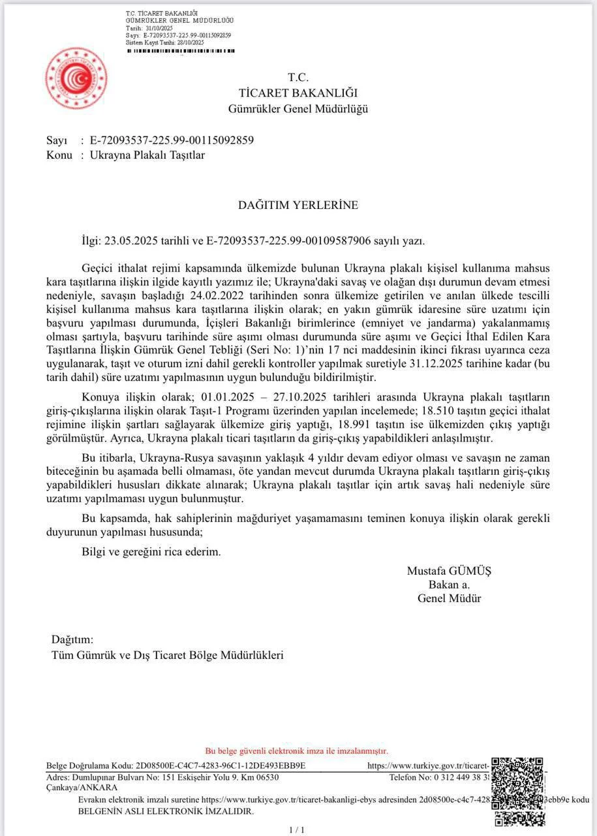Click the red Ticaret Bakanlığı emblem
(x=76, y=79)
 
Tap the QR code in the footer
(x=518, y=792)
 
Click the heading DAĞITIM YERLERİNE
(x=298, y=205)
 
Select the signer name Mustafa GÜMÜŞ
(x=449, y=571)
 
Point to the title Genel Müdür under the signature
(x=449, y=598)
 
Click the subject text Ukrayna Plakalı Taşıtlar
(x=147, y=155)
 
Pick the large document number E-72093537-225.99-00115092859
(x=172, y=140)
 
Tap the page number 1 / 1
(x=297, y=829)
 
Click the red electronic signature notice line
(x=297, y=751)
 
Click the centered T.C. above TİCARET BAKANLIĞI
(x=298, y=77)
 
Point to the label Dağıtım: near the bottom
(x=72, y=639)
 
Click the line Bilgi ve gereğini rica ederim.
(x=151, y=551)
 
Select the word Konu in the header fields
(x=59, y=155)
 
